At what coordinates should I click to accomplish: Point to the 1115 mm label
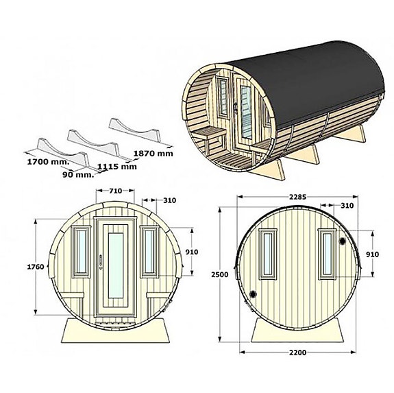point(117,166)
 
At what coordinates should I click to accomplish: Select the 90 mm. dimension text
point(75,175)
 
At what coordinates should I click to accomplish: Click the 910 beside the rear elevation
point(371,253)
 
